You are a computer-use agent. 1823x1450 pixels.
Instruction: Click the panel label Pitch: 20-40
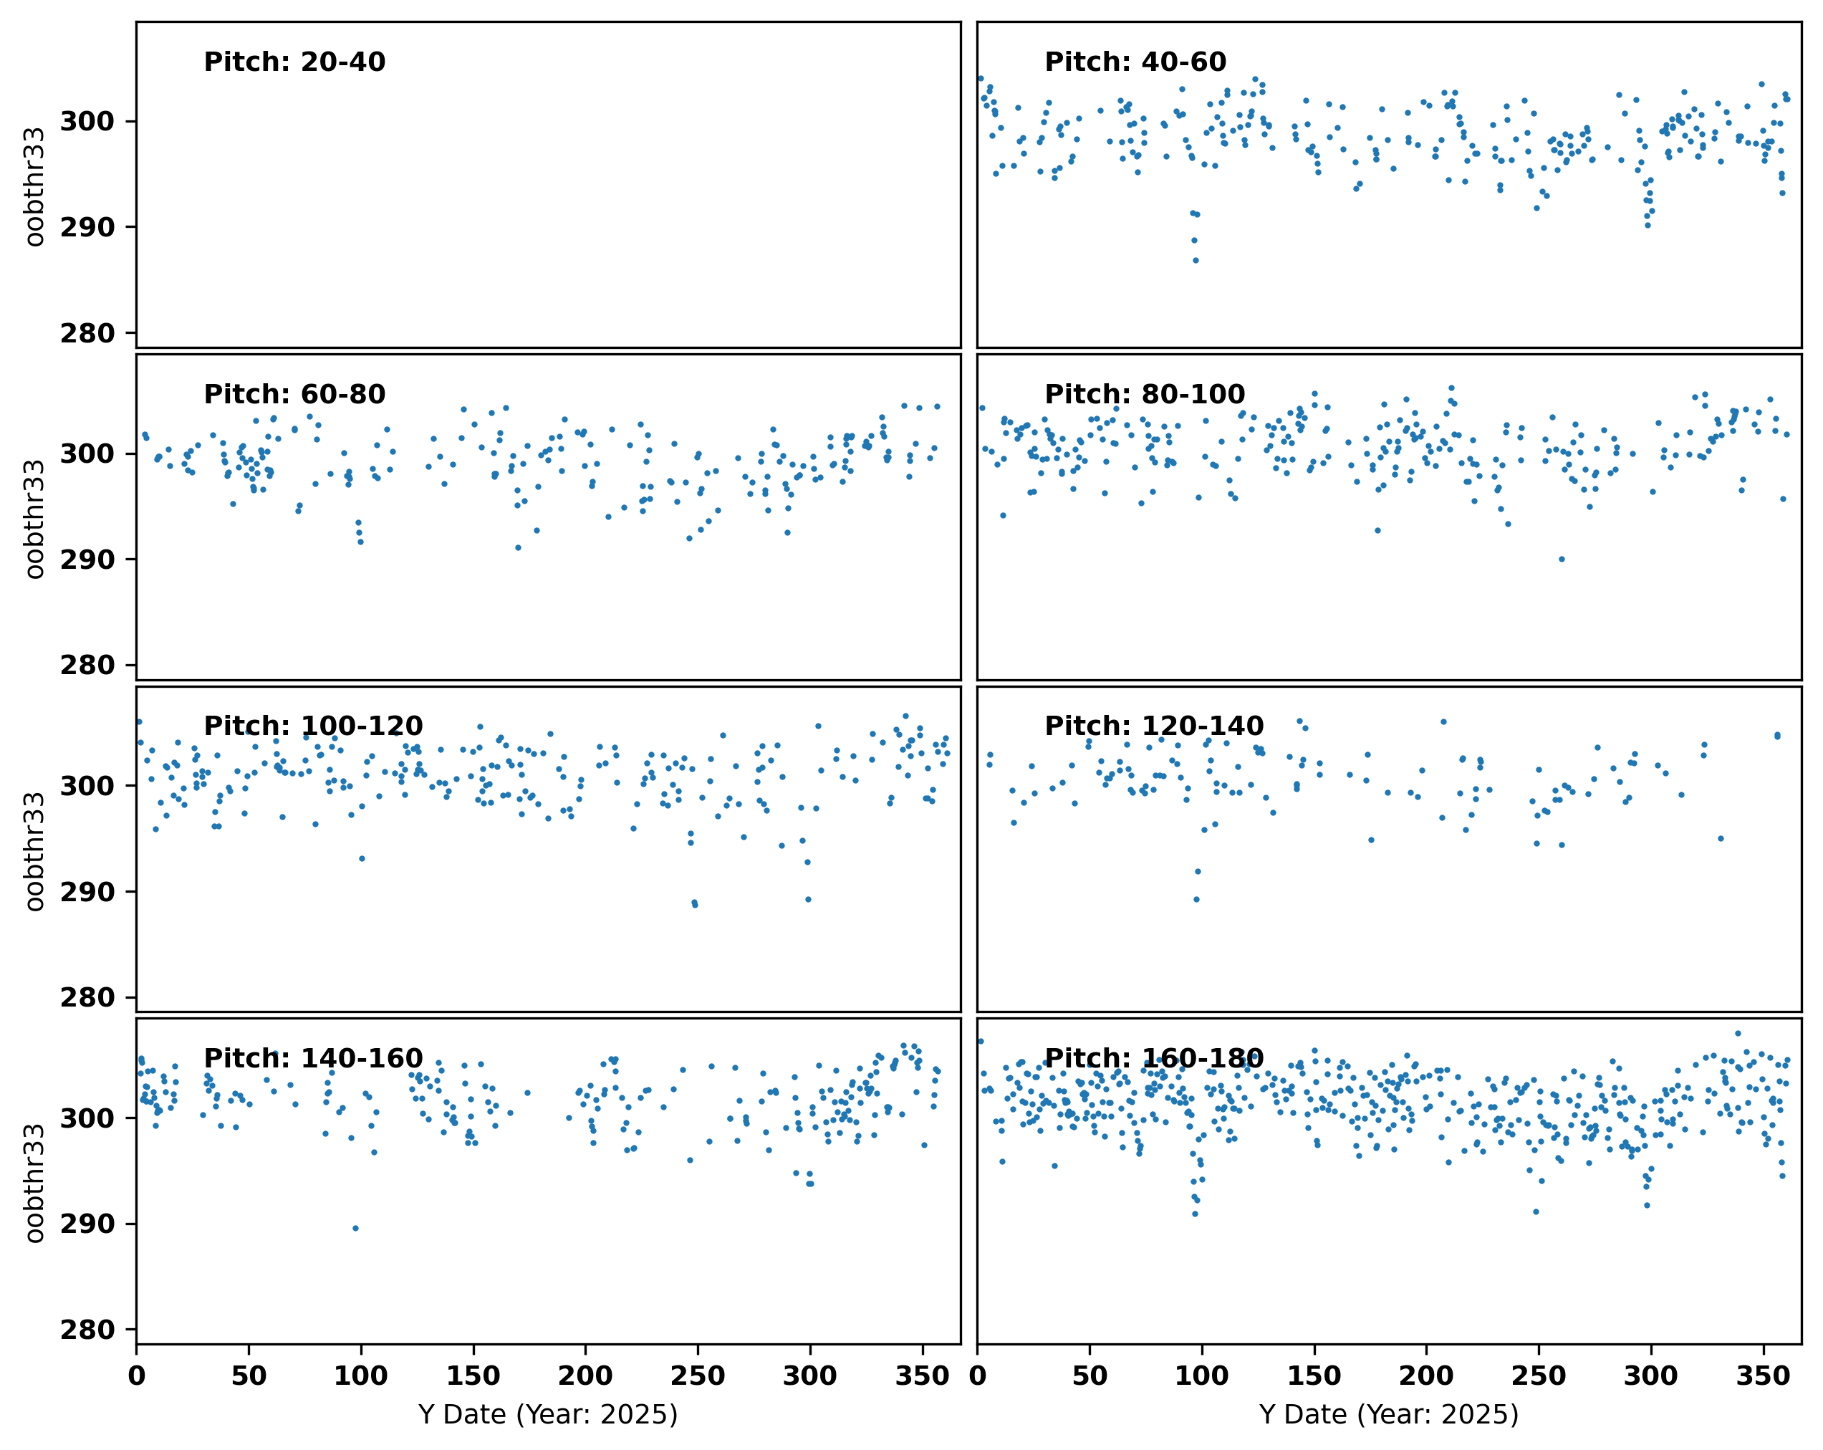[x=294, y=62]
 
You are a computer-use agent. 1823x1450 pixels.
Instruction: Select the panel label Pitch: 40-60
[x=1135, y=62]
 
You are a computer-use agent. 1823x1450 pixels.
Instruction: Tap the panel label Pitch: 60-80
[x=294, y=394]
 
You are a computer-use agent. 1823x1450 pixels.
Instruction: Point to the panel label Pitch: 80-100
[x=1144, y=394]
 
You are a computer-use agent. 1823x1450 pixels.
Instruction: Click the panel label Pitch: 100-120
[x=313, y=726]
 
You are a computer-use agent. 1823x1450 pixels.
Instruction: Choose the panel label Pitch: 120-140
[x=1153, y=726]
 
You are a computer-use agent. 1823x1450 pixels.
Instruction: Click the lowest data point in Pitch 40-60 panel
[x=1195, y=260]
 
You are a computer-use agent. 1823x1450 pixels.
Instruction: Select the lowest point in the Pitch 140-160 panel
[x=355, y=1229]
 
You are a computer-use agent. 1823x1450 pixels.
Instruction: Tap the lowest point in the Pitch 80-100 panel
[x=1561, y=559]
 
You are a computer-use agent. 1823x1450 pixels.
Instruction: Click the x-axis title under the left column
[x=548, y=1414]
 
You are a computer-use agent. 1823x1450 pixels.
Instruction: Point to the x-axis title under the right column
[x=1388, y=1414]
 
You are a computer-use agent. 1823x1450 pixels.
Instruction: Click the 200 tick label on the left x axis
[x=585, y=1376]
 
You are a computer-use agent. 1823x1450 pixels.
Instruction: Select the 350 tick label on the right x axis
[x=1762, y=1376]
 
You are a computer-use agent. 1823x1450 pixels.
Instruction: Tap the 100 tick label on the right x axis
[x=1201, y=1376]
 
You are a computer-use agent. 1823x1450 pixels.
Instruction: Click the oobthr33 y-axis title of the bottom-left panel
[x=34, y=1183]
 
